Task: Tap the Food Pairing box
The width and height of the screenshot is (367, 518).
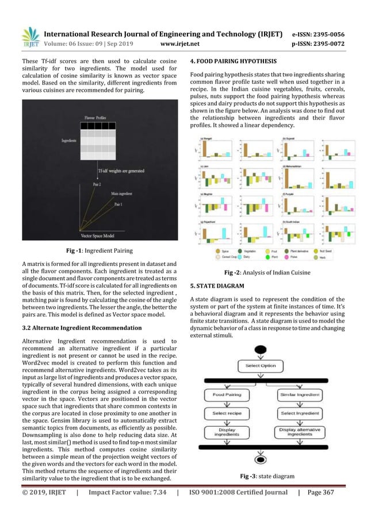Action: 228,395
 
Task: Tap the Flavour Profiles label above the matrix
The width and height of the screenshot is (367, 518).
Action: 97,117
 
